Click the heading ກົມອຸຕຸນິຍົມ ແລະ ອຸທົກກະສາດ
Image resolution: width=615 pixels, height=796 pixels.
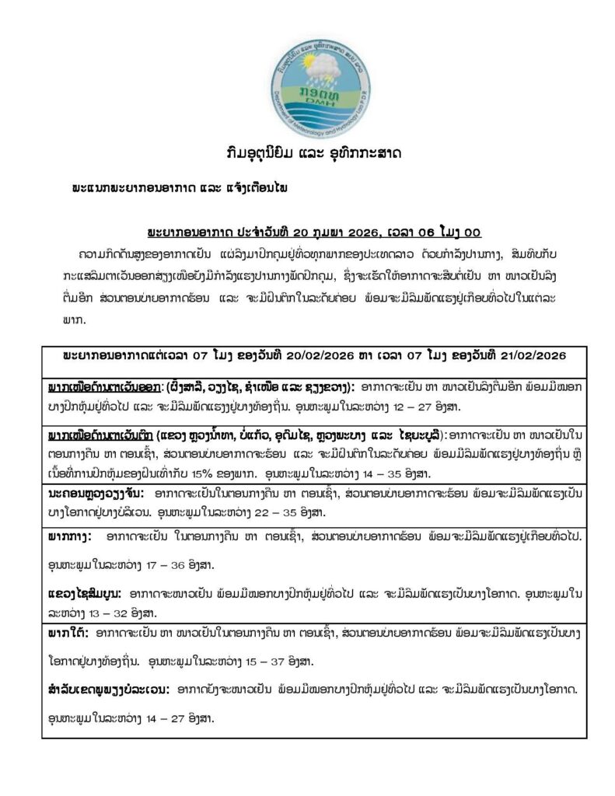pos(308,152)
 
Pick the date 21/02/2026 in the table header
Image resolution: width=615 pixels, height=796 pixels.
pos(529,354)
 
